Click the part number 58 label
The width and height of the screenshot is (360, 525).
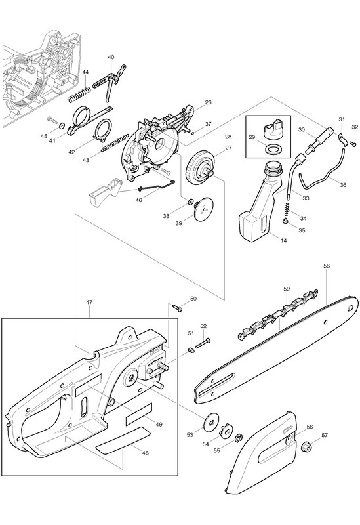(x=327, y=266)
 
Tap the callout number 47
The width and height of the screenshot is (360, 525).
(x=89, y=302)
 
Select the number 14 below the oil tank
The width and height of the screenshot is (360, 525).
(x=284, y=240)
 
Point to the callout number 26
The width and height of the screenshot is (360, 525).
(x=208, y=102)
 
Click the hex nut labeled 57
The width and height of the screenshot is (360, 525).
(x=305, y=446)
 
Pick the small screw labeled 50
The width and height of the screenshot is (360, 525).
(x=176, y=307)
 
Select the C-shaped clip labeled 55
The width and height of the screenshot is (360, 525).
(x=239, y=437)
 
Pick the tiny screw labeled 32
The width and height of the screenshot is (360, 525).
(x=352, y=143)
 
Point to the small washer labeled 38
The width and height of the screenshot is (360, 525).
(x=190, y=201)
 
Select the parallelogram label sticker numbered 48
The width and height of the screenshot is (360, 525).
(x=123, y=440)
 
